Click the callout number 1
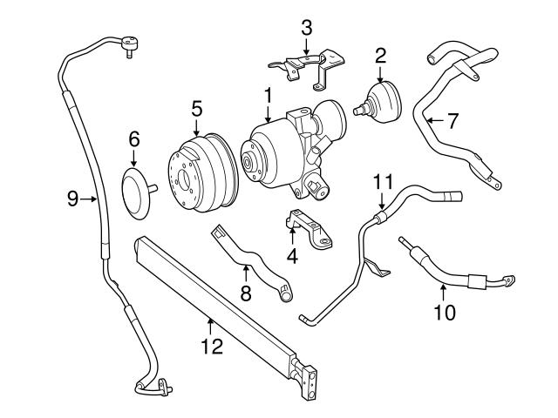pos(269,93)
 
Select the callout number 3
pos(305,28)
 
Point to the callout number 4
pos(292,257)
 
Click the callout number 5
pos(197,109)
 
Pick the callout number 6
pos(134,138)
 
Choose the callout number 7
pos(452,121)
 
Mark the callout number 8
pos(246,293)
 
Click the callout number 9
pos(73,199)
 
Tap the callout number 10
pos(444,311)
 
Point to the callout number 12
pos(212,347)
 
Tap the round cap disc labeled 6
pos(136,189)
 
